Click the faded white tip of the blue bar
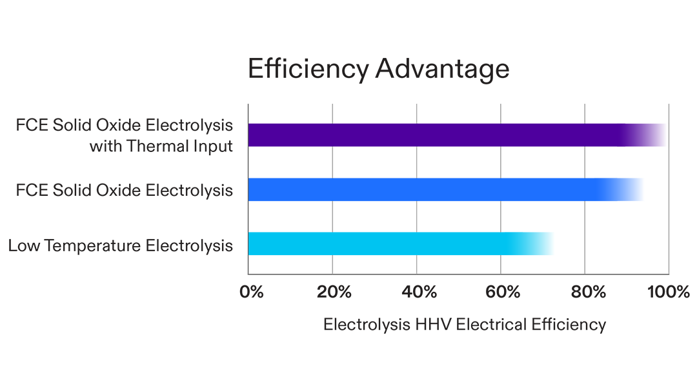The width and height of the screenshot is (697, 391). click(x=639, y=187)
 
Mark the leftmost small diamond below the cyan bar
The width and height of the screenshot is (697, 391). click(x=333, y=264)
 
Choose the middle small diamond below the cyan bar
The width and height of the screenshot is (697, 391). click(x=417, y=264)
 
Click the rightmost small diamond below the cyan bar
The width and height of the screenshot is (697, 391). click(x=501, y=264)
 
